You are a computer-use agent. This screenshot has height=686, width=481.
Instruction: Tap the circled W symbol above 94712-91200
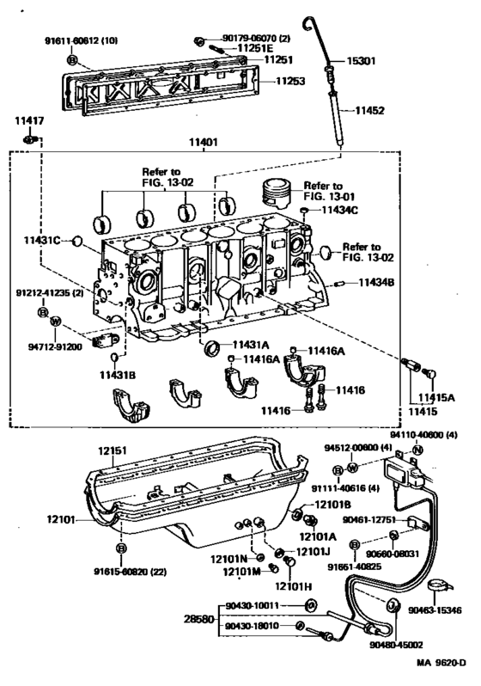coord(55,321)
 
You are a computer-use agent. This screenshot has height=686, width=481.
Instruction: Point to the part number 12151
coord(112,450)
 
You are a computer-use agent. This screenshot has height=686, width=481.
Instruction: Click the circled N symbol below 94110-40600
coord(414,450)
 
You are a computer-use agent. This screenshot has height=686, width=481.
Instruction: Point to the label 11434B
coord(375,282)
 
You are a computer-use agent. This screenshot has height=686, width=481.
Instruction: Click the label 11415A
coord(435,398)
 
